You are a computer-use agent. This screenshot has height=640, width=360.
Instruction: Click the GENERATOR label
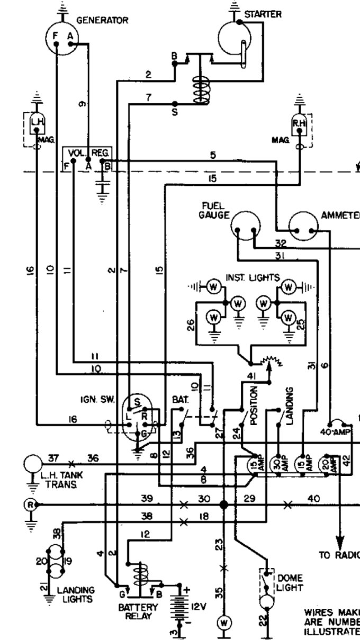pyautogui.click(x=102, y=21)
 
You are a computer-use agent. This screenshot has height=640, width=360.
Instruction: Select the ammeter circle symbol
pyautogui.click(x=304, y=227)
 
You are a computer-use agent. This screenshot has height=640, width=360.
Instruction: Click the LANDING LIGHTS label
pyautogui.click(x=76, y=594)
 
